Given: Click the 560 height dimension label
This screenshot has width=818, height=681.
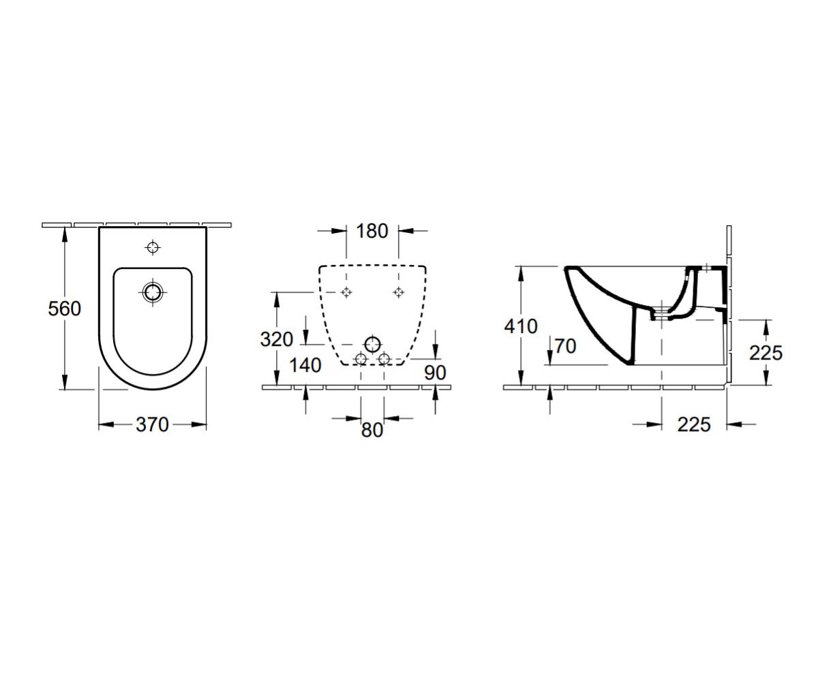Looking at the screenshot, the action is click(64, 308).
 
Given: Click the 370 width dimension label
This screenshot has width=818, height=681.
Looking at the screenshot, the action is click(152, 425).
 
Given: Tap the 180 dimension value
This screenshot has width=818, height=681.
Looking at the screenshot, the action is click(372, 231).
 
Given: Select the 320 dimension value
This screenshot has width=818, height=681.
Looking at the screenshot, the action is click(277, 339).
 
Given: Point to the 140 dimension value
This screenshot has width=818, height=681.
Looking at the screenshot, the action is click(305, 365).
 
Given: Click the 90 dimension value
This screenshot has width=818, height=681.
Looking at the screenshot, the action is click(435, 373).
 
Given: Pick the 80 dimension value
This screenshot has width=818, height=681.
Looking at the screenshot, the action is click(372, 430).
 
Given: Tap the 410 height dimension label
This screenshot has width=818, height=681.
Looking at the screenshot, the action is click(521, 326).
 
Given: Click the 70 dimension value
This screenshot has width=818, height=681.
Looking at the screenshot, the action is click(565, 347).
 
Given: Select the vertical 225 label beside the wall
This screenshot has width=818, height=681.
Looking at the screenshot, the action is click(766, 353).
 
